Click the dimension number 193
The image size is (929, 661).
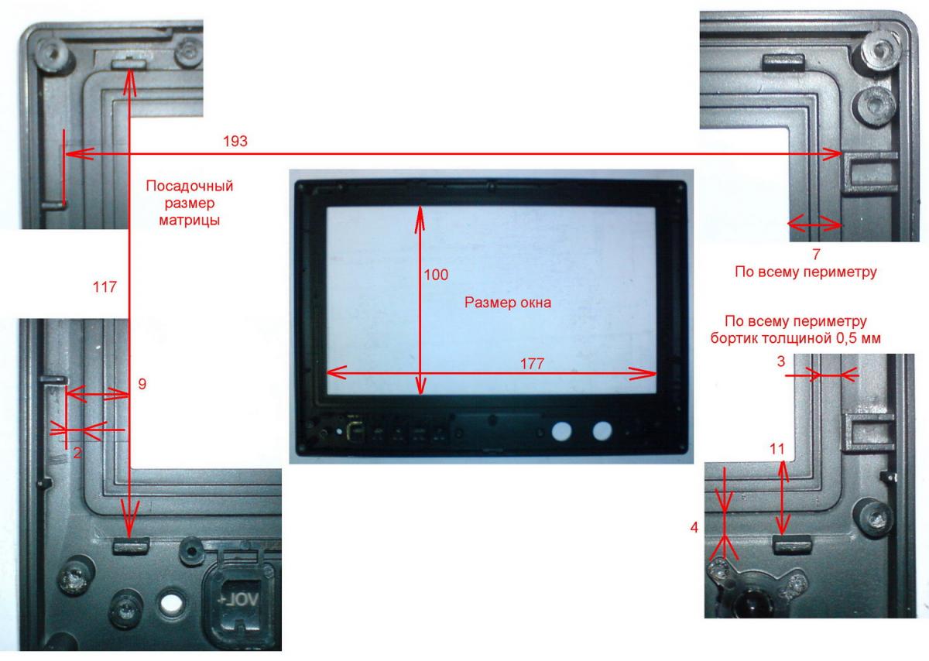pos(235,142)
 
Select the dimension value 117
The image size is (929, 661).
pos(105,287)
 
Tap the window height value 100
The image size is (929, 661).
pos(436,275)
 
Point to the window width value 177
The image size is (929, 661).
pos(532,364)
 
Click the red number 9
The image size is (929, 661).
pos(142,384)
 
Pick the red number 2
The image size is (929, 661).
pos(77,453)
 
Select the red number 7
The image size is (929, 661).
pos(816,254)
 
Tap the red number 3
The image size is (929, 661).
pos(781,361)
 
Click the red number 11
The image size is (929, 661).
pos(777,449)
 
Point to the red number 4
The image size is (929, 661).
pos(694,527)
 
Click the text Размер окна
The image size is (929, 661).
pos(508,303)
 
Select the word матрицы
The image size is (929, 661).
pos(189,221)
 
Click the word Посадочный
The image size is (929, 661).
pos(190,186)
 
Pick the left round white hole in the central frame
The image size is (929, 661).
pos(562,431)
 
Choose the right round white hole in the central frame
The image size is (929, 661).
pos(602,431)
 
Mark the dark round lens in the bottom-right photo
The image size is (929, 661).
pos(752,606)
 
